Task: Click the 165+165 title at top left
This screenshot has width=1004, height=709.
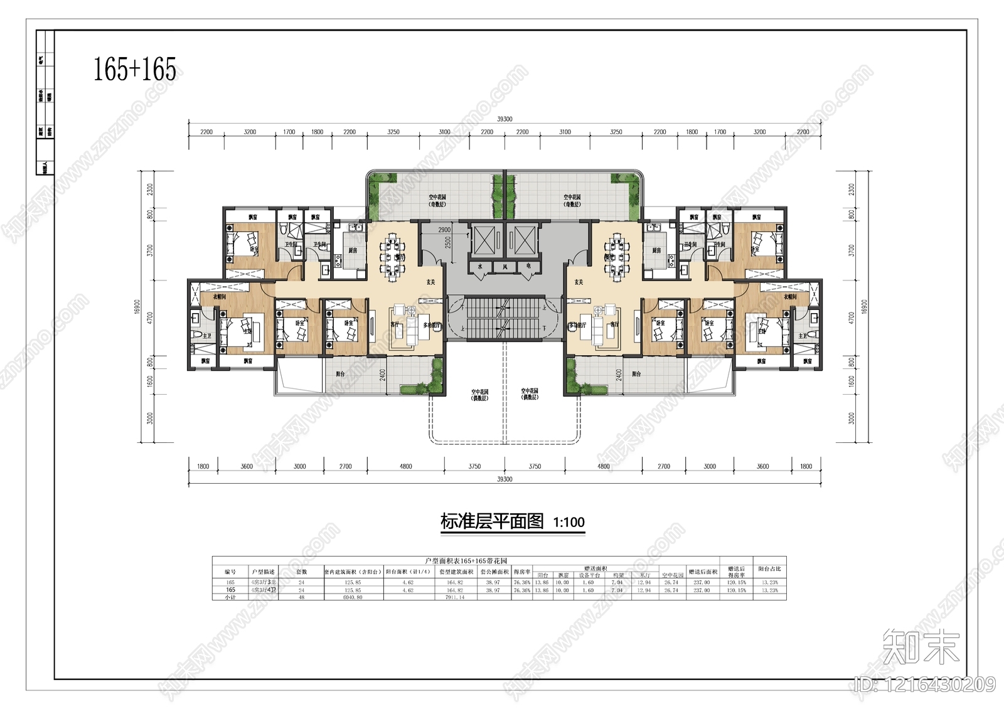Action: (135, 69)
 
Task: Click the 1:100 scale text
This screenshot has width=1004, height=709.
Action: (569, 522)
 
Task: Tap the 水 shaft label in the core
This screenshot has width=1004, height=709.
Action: (480, 267)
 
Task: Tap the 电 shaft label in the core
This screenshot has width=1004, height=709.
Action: (528, 267)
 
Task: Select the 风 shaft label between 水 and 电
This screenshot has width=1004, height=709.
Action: (505, 267)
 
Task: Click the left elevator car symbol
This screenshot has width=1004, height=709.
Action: (484, 240)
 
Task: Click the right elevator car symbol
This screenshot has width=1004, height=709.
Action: (525, 240)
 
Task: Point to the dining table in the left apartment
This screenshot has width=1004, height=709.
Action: (392, 256)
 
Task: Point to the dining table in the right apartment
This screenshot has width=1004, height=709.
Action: (617, 256)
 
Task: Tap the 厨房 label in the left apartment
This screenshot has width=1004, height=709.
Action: (353, 250)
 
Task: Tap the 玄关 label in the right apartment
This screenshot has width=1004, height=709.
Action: (578, 282)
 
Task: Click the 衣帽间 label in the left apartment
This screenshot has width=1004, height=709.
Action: (219, 296)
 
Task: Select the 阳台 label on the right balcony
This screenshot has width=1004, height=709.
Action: (636, 374)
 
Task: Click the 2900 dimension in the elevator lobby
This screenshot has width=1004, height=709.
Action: (444, 230)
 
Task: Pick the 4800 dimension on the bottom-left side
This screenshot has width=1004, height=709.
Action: (406, 466)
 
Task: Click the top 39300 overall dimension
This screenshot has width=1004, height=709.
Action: (505, 119)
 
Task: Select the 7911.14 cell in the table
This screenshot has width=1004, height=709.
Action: (455, 597)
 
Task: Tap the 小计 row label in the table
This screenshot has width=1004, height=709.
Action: (230, 597)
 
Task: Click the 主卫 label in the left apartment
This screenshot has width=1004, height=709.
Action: (206, 336)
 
